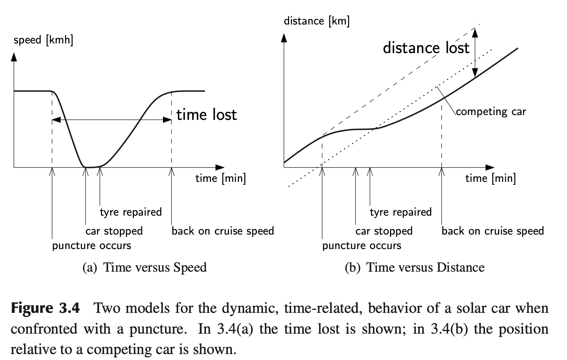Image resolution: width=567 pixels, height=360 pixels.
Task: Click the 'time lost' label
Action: pos(206,115)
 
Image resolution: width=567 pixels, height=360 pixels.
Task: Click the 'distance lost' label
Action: pos(426,48)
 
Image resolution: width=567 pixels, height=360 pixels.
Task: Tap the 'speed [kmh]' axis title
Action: pos(43,40)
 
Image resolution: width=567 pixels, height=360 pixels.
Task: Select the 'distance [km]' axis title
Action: pos(317,21)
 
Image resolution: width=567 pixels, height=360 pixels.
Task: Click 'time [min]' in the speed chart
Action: pos(220,178)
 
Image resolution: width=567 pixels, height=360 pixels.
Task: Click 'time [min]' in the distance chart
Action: pos(491,178)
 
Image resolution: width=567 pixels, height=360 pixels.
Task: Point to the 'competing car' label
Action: pos(491,111)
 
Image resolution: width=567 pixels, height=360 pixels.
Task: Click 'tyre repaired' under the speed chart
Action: pos(131,212)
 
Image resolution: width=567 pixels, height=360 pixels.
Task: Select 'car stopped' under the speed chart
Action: pos(114,231)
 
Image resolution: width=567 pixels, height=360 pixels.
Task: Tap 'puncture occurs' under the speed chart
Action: pos(92,246)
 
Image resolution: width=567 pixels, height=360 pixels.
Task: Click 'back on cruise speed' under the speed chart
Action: pos(223,231)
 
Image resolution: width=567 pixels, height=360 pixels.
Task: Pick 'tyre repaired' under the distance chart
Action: pos(401,212)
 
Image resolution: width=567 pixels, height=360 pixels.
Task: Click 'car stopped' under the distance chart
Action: pos(384,231)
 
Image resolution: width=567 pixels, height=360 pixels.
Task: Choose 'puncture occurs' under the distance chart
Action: pos(362,246)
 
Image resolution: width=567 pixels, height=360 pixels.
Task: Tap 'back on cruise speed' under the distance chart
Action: pos(493,231)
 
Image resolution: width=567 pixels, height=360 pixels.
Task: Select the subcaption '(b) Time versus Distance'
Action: pos(414,267)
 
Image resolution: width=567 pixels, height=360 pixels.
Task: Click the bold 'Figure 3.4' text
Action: pos(45,308)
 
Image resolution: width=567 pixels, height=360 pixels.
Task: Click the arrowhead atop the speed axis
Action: pos(14,57)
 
